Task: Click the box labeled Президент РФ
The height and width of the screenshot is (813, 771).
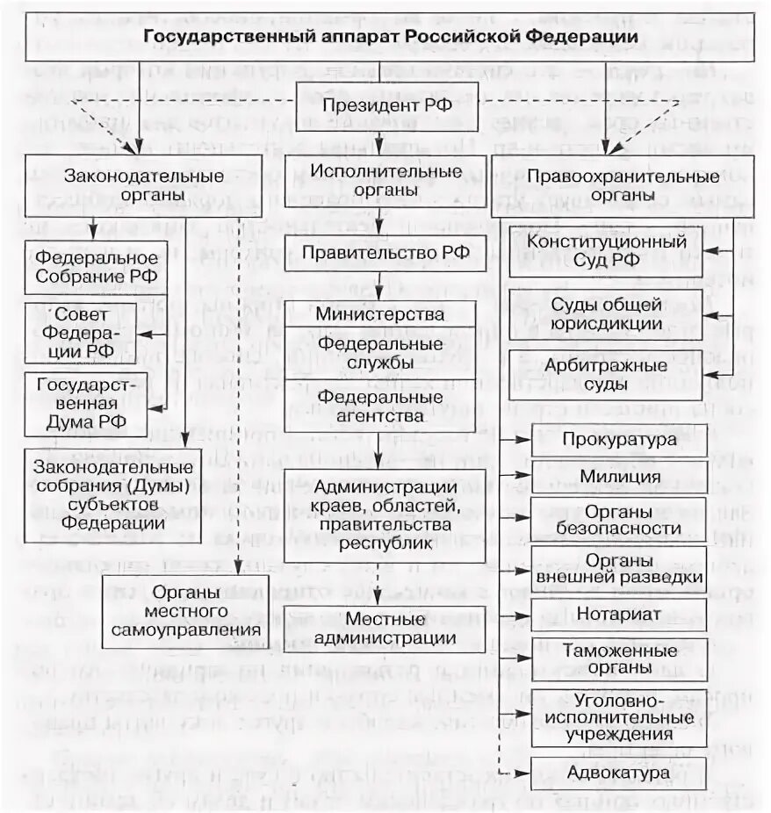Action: point(385,105)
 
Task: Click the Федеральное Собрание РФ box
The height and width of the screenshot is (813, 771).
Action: point(97,267)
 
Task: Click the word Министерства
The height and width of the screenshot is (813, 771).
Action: point(380,314)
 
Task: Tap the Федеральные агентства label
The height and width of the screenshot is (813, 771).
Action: point(380,406)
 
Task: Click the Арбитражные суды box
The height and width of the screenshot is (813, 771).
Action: point(606,374)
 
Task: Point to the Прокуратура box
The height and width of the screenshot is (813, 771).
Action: point(619,439)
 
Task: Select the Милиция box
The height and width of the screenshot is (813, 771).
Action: point(619,477)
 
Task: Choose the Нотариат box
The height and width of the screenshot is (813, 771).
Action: point(619,612)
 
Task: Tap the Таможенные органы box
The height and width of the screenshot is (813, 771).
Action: point(619,659)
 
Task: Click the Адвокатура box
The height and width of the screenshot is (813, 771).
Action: point(619,772)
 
